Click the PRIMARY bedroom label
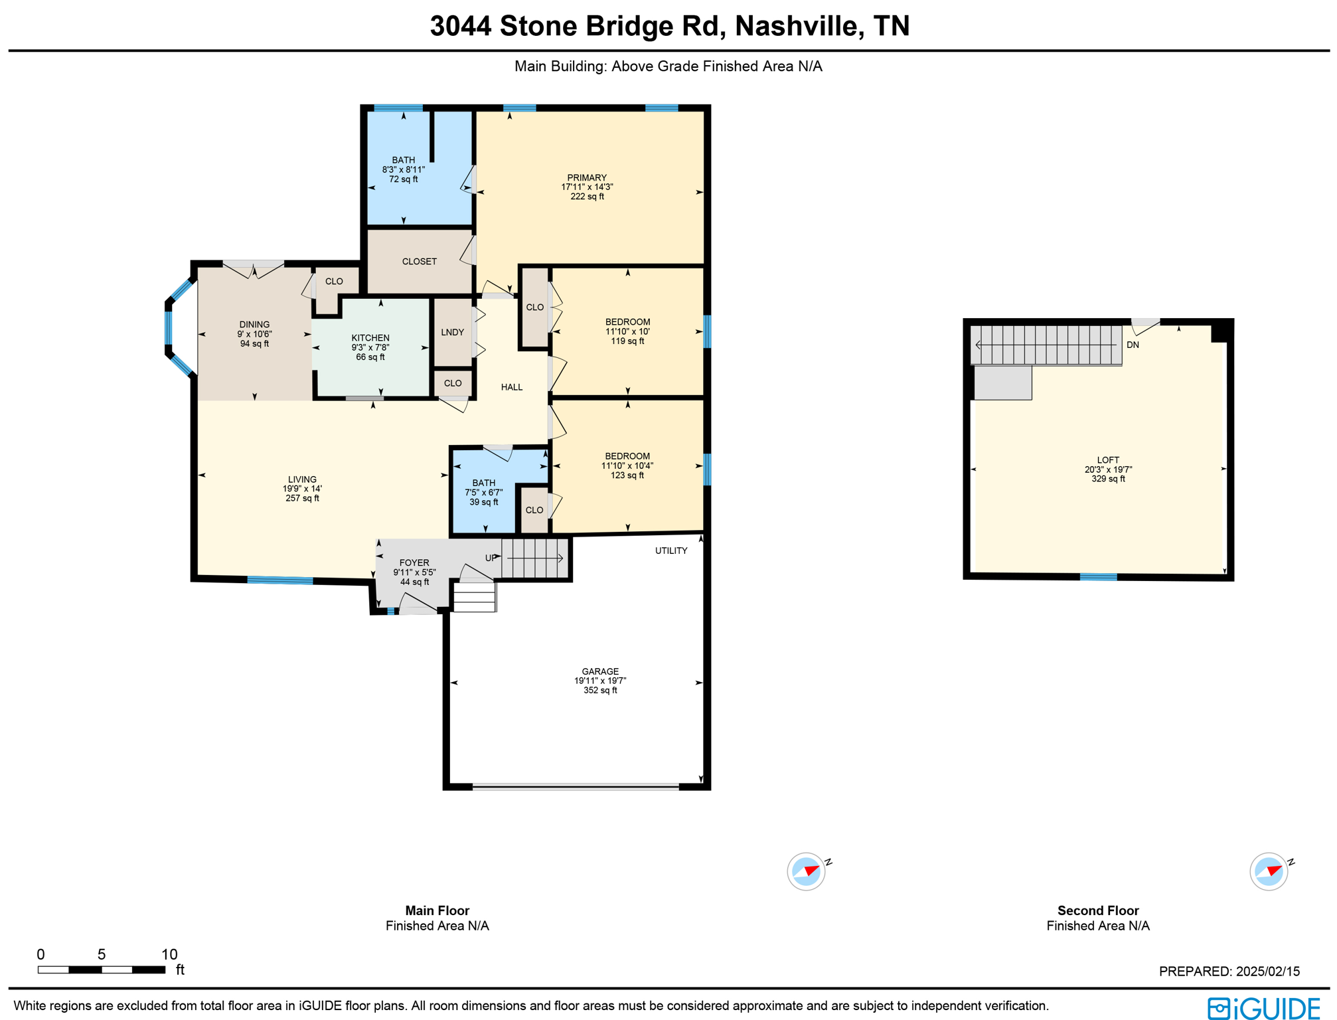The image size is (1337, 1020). (587, 178)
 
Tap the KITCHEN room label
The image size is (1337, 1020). (370, 338)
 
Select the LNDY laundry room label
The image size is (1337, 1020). (453, 332)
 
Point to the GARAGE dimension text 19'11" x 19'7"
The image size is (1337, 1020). (600, 681)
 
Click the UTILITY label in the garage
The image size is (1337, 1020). (671, 551)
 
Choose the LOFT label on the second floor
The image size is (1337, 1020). (1108, 460)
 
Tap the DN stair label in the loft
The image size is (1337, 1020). (1133, 345)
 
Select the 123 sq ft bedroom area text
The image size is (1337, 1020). (627, 475)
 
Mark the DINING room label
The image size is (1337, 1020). (254, 325)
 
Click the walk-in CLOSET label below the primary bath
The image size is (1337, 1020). (420, 262)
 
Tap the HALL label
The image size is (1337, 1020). (512, 387)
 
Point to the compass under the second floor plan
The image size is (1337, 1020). (1269, 871)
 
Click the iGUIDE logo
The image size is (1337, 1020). (1263, 1008)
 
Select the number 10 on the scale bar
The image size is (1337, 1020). (169, 954)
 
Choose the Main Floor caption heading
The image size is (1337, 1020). (437, 910)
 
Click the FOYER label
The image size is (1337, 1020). (414, 562)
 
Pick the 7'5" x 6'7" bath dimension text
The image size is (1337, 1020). (484, 493)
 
